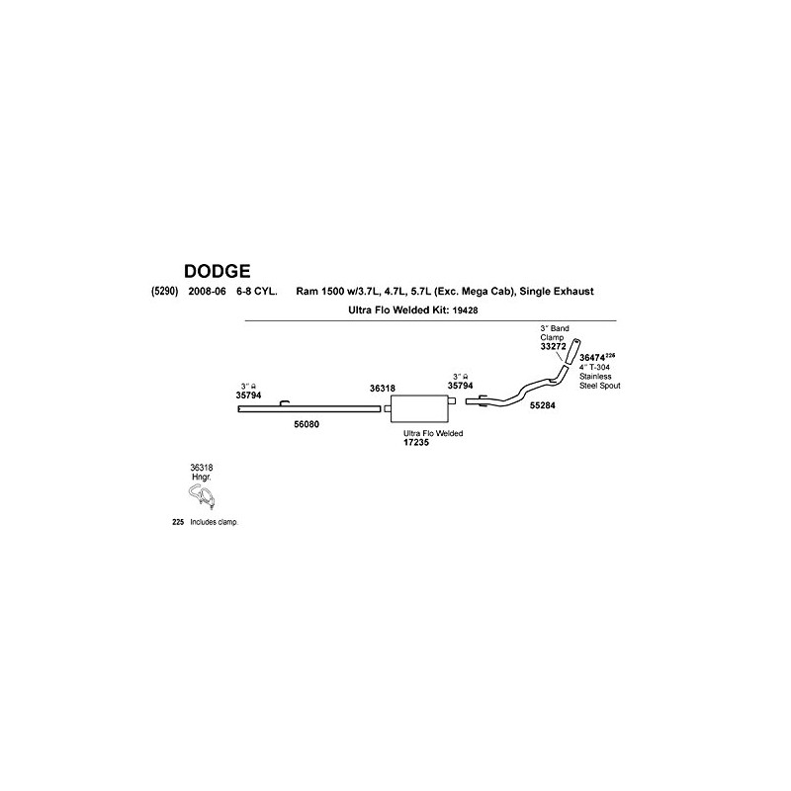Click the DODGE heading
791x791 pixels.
(217, 270)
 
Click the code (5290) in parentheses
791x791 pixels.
(165, 293)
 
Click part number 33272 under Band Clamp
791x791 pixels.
(553, 347)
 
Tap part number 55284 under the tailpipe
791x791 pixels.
(543, 405)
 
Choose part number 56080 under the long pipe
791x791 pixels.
(308, 423)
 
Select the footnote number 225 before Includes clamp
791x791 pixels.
(178, 521)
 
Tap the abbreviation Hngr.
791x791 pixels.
(202, 477)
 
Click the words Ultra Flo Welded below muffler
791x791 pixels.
(434, 432)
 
